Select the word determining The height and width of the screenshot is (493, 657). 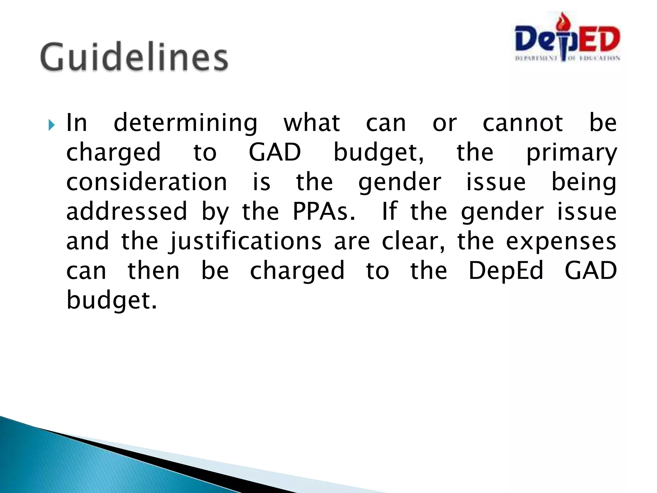(185, 124)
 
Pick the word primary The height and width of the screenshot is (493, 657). (571, 153)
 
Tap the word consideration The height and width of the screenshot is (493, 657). (147, 182)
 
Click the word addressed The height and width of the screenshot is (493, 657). (127, 212)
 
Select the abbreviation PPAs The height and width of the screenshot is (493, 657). (324, 212)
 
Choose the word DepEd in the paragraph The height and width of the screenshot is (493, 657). (506, 271)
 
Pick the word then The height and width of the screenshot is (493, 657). (154, 271)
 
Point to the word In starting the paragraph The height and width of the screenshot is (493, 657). (76, 123)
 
